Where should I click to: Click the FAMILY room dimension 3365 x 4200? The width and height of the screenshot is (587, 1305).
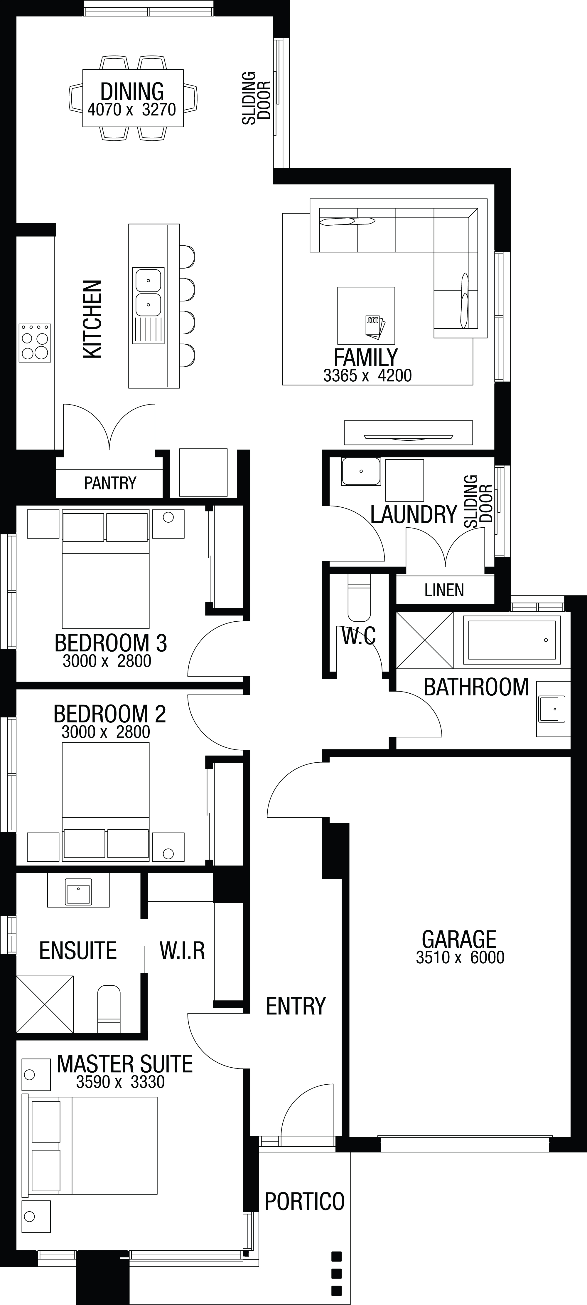click(x=367, y=375)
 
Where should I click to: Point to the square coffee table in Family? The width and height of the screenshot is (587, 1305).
click(x=366, y=315)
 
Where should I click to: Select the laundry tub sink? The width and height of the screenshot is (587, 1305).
click(x=361, y=471)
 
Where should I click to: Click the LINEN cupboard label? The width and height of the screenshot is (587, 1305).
click(x=444, y=590)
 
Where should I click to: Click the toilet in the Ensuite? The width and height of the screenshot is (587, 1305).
click(x=109, y=1008)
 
